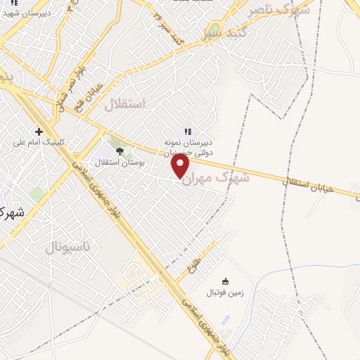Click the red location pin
point(181,167)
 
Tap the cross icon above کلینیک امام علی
point(39,131)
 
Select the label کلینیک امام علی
point(39,142)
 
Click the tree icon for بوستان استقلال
point(119,150)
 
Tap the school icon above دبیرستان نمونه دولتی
point(187,131)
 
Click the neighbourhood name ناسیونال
point(67,247)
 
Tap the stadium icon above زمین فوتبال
point(225,281)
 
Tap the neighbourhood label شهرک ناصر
point(279,10)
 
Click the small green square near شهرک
point(36,193)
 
